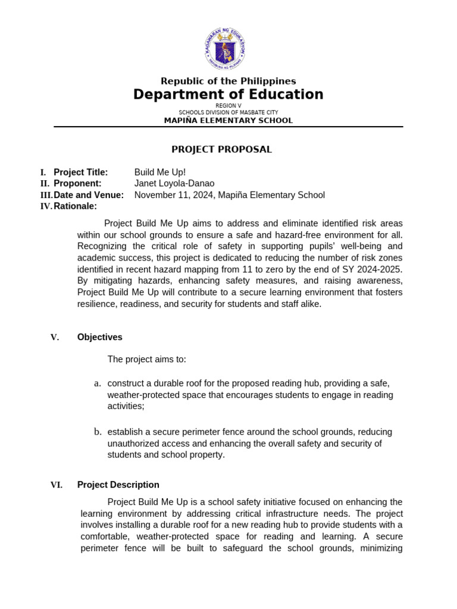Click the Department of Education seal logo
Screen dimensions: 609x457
tap(225, 49)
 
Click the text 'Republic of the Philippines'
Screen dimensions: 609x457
tap(228, 81)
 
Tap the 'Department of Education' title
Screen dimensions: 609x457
tap(228, 95)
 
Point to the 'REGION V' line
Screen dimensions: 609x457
tap(228, 105)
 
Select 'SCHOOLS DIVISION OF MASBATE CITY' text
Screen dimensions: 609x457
tap(228, 112)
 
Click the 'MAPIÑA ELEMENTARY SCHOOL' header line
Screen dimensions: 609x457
tap(228, 121)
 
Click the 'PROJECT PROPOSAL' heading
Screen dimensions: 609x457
tap(222, 149)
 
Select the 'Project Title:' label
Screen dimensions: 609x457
tap(81, 172)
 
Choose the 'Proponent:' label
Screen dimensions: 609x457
tap(77, 184)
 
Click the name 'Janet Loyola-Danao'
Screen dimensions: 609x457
tap(174, 184)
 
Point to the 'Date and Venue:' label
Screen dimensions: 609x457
tap(89, 195)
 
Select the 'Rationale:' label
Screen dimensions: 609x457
tap(75, 206)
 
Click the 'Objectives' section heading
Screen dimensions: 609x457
tap(100, 337)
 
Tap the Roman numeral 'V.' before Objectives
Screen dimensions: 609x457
tap(55, 337)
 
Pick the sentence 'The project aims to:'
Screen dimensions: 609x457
tap(147, 359)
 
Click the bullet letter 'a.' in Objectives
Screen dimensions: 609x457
tap(98, 383)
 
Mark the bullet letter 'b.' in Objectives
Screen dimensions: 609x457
tap(98, 432)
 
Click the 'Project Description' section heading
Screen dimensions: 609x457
tap(118, 485)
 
